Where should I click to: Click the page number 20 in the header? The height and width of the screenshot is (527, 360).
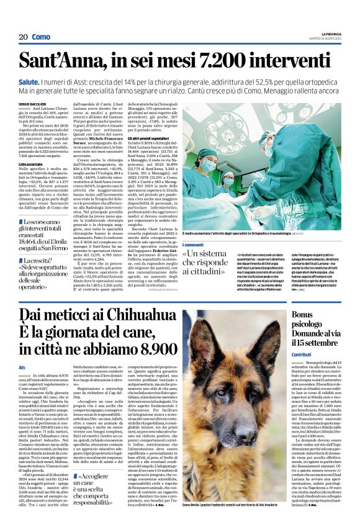click(x=24, y=37)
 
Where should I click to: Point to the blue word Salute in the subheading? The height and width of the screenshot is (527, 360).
click(x=47, y=81)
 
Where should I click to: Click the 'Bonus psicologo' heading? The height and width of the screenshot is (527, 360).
click(x=310, y=320)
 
